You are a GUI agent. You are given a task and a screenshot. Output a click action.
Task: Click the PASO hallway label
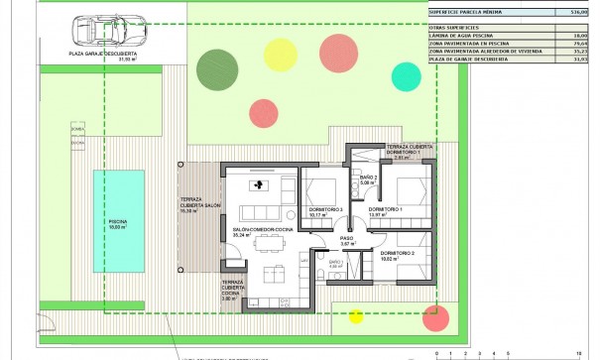(347, 241)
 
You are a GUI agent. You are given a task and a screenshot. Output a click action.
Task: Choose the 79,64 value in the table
(579, 43)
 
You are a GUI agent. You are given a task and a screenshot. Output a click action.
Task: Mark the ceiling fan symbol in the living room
(260, 184)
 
